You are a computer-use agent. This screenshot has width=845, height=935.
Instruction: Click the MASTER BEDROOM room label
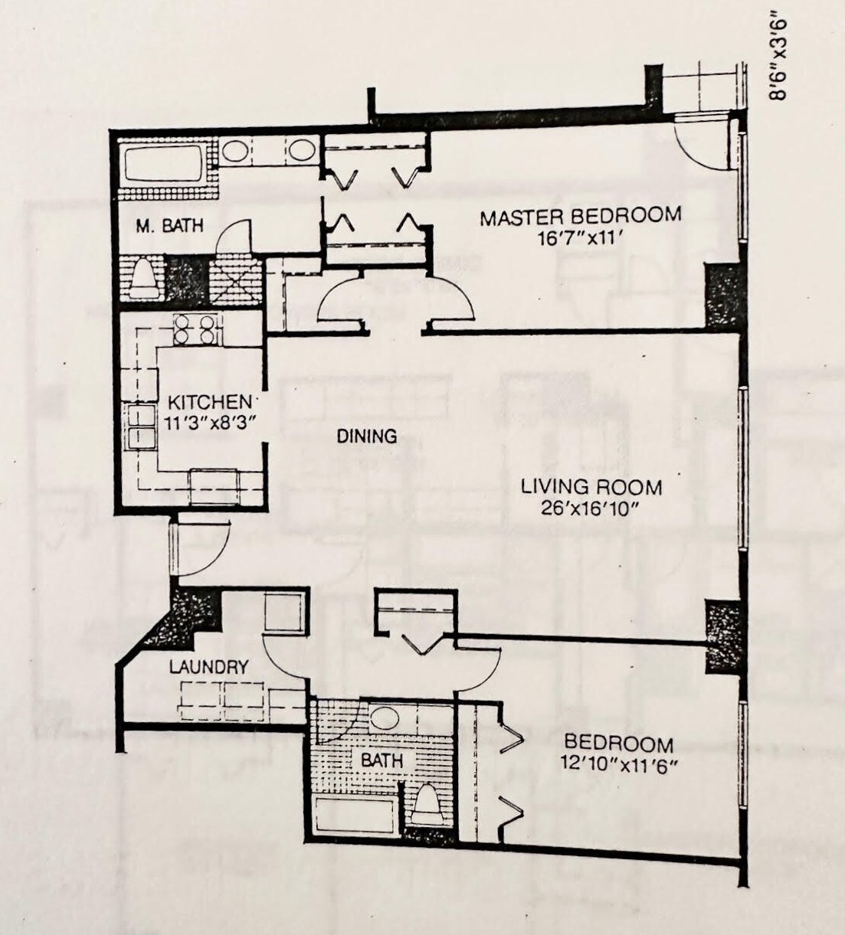[x=581, y=216]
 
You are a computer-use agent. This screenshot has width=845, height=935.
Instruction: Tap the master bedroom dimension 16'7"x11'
[x=581, y=239]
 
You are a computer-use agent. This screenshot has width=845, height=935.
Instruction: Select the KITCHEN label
[x=209, y=402]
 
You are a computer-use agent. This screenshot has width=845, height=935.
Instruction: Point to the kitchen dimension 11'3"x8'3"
[x=211, y=423]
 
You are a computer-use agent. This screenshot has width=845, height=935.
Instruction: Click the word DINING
[x=367, y=436]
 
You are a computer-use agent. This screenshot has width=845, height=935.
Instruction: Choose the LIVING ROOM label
[x=591, y=487]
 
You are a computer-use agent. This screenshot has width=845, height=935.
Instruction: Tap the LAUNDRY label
[x=208, y=667]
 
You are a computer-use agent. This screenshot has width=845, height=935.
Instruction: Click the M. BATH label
[x=170, y=226]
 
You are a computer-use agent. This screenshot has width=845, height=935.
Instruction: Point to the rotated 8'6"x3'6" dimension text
[x=778, y=60]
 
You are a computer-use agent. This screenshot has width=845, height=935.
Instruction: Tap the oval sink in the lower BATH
[x=385, y=720]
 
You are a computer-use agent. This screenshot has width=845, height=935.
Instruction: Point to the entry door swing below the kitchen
[x=201, y=548]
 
